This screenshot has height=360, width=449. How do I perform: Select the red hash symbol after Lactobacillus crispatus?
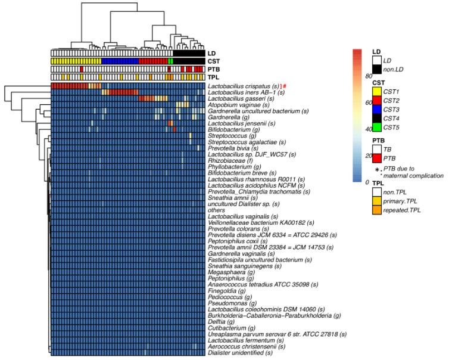coord(285,87)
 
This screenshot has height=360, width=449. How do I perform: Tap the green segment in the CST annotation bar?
coord(170,61)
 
